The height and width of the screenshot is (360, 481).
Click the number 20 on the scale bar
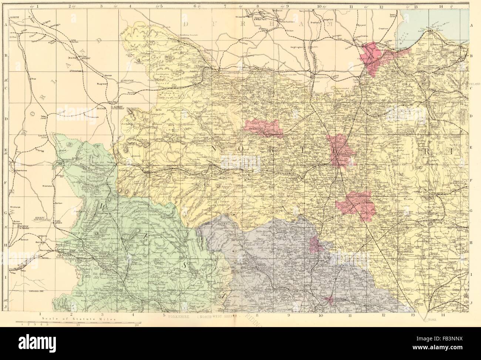pos(137,326)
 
